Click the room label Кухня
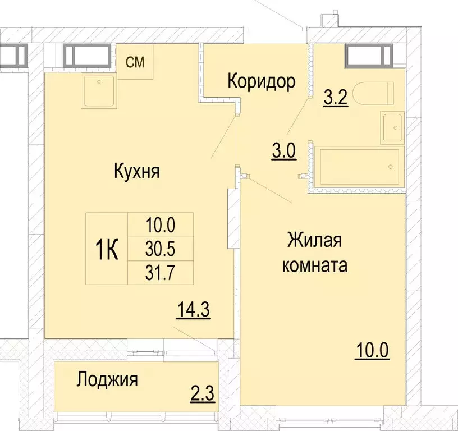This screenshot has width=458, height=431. pos(136,171)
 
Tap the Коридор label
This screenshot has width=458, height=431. pos(261,82)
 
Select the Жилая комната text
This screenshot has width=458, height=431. pos(314,253)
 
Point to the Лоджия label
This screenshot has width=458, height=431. pos(107,380)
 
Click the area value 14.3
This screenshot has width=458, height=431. pos(194,310)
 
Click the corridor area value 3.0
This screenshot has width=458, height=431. pos(283,152)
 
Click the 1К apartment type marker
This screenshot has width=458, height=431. pos(106,249)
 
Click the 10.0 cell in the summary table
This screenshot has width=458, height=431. pos(161,225)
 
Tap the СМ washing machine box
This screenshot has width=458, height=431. pos(135,62)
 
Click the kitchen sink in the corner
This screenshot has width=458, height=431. pos(99,90)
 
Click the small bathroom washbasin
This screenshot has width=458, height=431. pos(392,127)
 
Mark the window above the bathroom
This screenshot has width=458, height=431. pos(368,55)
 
